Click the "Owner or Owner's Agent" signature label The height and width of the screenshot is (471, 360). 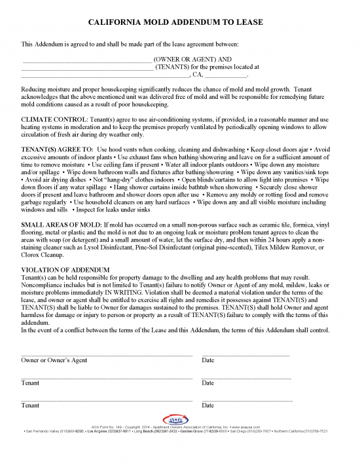54,360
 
